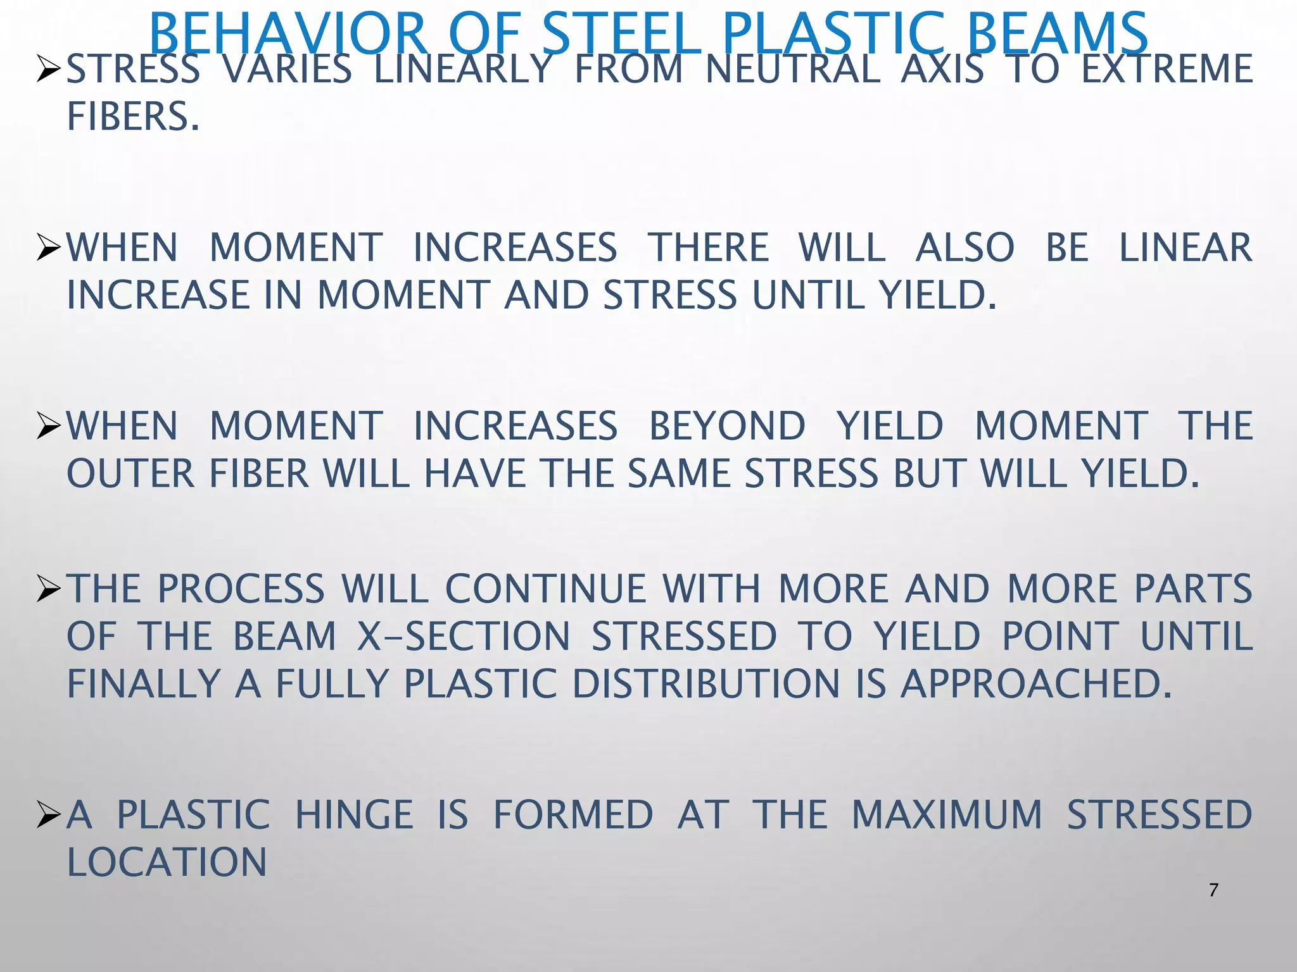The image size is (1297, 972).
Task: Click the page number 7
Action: pyautogui.click(x=1213, y=890)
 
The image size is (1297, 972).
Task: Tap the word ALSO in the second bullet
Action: pyautogui.click(x=965, y=247)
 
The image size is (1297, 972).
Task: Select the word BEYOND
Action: pyautogui.click(x=727, y=426)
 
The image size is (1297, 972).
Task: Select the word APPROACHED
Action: pyautogui.click(x=1036, y=684)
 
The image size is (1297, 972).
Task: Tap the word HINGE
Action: pyautogui.click(x=354, y=815)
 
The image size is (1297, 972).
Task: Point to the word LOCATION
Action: pyautogui.click(x=167, y=863)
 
